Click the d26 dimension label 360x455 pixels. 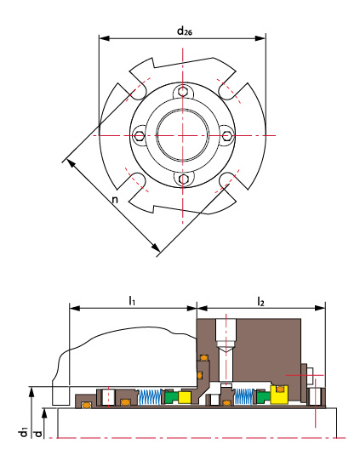185,31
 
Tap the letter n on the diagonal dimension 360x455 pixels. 115,200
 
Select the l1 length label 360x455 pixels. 132,300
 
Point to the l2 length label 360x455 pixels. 260,302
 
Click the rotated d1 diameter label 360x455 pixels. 23,431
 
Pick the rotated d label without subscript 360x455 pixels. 38,434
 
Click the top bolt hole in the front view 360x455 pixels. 183,92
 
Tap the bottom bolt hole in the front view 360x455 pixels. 183,179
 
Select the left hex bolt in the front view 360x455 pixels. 140,135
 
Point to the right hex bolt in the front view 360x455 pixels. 226,135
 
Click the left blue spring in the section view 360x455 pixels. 150,397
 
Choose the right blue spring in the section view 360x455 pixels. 244,396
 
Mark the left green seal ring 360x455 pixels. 171,397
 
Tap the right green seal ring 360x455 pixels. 264,396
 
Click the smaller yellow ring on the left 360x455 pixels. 185,397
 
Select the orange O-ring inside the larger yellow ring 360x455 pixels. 280,389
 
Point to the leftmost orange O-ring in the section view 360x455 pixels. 86,405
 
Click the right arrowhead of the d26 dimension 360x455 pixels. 260,38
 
